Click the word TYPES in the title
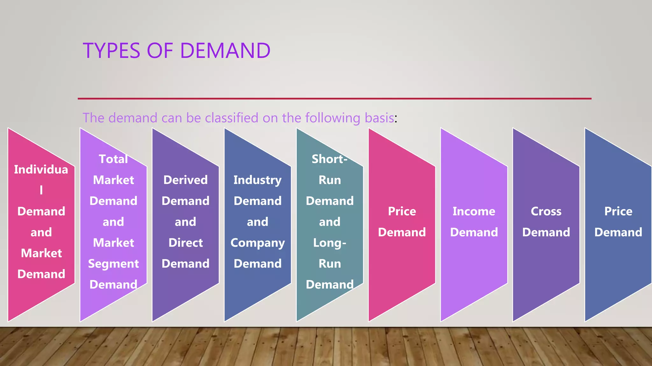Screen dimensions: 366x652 [x=111, y=51]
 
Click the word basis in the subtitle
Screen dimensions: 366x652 [x=379, y=118]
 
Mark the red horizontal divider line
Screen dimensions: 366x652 [x=334, y=98]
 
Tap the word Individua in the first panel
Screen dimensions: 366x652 [x=41, y=170]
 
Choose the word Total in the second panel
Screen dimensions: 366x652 [x=113, y=159]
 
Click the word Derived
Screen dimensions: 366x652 [x=186, y=180]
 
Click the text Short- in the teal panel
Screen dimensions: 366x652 [x=330, y=159]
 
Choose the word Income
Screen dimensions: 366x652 [x=474, y=212]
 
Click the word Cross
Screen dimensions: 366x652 [x=546, y=212]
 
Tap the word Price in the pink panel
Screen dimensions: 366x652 [x=402, y=212]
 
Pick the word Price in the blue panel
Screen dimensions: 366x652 [x=618, y=212]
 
